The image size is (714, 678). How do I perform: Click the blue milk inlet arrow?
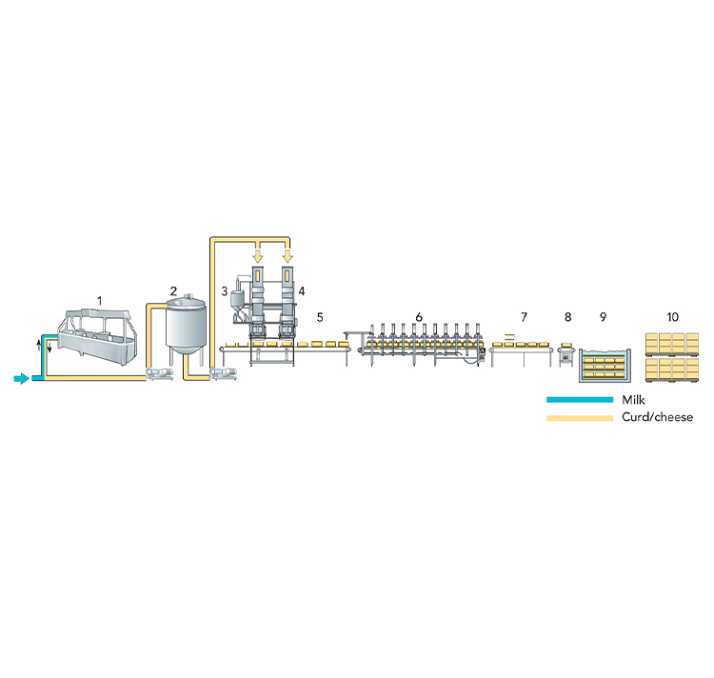click(21, 378)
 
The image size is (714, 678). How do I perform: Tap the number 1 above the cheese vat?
click(100, 301)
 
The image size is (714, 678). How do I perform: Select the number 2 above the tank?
click(173, 290)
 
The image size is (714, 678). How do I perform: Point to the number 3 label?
click(224, 291)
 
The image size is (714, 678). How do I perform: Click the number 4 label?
click(302, 291)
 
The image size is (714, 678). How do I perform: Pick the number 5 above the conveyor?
click(320, 317)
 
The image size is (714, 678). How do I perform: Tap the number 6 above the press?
click(419, 317)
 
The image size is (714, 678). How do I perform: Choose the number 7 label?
click(524, 317)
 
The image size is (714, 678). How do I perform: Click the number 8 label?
click(567, 317)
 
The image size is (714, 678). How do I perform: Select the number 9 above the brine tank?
click(603, 317)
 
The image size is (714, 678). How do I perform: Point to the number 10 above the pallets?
click(672, 317)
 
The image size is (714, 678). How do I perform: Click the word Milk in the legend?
click(633, 400)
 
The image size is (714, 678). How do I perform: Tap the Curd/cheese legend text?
click(658, 417)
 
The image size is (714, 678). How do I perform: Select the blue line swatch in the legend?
click(580, 400)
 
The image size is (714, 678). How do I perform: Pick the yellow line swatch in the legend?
click(580, 417)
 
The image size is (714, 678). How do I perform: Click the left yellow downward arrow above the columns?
click(258, 256)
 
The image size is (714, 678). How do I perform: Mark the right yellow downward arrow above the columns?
click(288, 256)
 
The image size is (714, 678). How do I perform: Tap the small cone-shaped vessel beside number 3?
click(237, 301)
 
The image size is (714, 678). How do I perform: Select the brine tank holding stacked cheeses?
click(605, 365)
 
